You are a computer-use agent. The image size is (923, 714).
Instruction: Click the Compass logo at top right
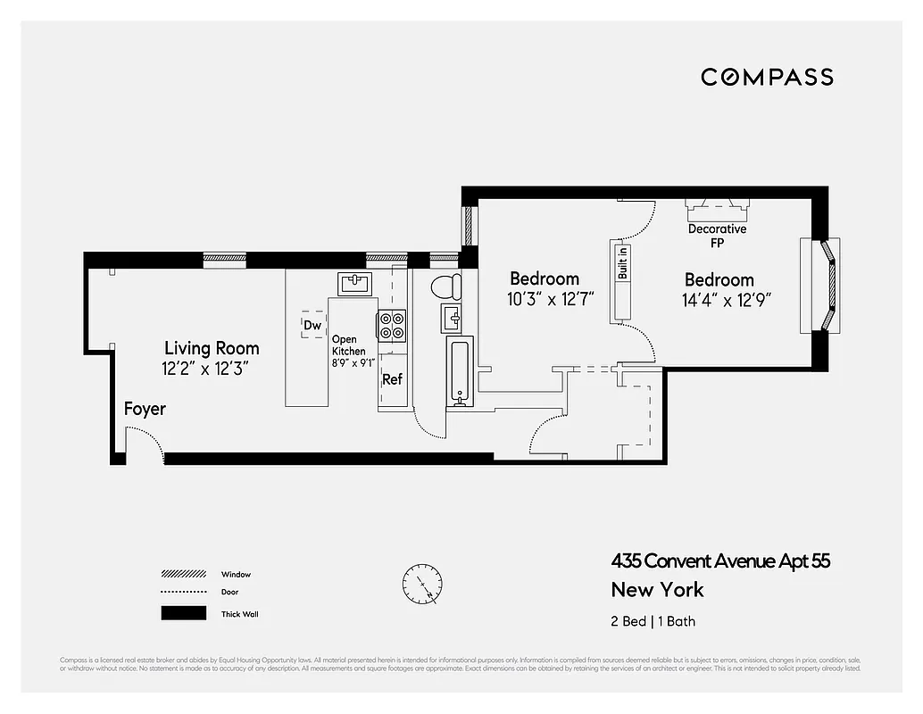[x=767, y=77]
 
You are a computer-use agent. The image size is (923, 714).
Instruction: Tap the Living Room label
[x=212, y=348]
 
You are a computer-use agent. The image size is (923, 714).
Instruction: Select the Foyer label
[x=145, y=409]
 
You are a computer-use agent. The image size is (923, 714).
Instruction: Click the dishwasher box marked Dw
[x=312, y=325]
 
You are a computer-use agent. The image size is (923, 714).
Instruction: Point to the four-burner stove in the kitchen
[x=392, y=325]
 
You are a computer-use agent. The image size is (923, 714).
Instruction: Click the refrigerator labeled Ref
[x=393, y=380]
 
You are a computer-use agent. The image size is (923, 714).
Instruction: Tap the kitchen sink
[x=355, y=283]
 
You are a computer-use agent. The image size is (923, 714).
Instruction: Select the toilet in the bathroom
[x=445, y=286]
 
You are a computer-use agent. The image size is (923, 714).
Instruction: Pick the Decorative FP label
[x=717, y=236]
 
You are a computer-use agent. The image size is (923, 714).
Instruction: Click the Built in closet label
[x=623, y=262]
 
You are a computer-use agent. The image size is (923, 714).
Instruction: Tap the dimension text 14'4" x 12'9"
[x=727, y=301]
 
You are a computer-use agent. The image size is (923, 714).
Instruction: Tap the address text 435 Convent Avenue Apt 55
[x=720, y=561]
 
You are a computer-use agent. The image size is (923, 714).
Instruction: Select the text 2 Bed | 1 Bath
[x=653, y=621]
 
